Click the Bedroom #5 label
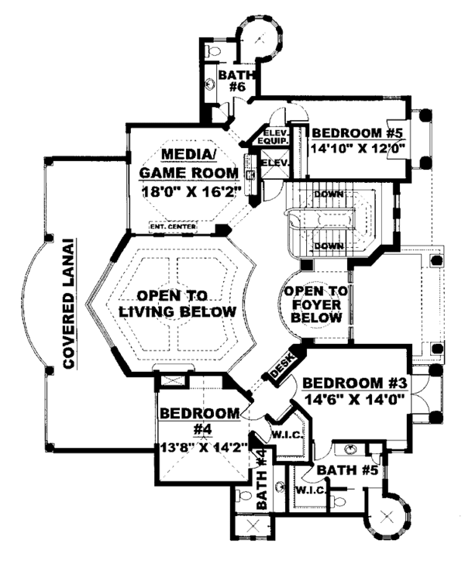[358, 132]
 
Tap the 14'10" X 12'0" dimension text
[358, 147]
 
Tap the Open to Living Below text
[177, 304]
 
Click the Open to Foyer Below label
[315, 304]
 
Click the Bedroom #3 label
[355, 383]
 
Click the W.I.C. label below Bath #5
[308, 490]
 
